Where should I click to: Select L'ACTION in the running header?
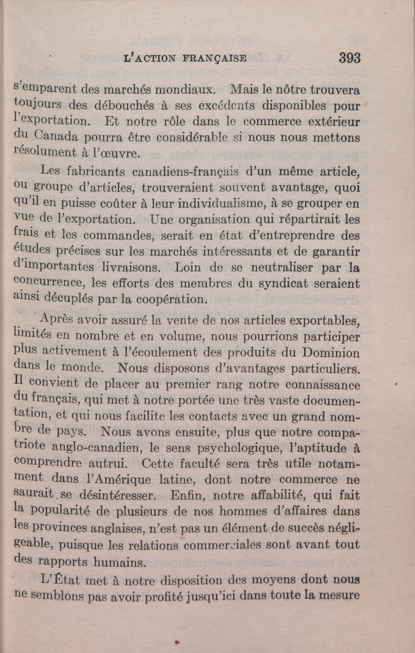click(149, 59)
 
